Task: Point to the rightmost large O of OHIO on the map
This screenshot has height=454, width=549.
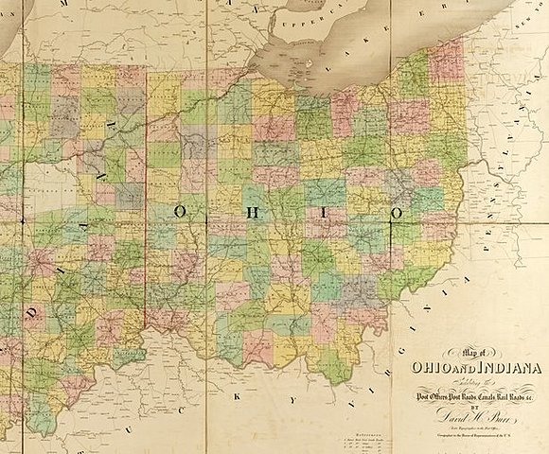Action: point(397,213)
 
